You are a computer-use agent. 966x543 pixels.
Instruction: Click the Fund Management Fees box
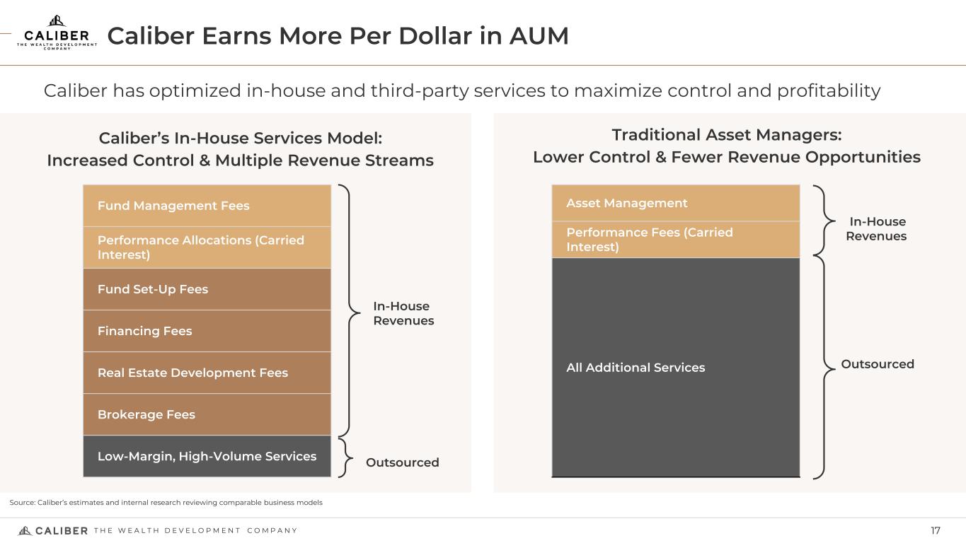pos(207,206)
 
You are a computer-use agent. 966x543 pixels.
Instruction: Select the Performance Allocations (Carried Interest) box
pos(207,247)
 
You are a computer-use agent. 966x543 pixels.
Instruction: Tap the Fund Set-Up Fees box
pos(207,289)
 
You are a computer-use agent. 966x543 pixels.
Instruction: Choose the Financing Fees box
pos(207,331)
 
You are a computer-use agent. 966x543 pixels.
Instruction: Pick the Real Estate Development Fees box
pos(207,373)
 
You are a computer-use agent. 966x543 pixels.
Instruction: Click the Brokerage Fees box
pos(207,414)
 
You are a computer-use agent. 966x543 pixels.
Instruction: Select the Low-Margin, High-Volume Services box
pos(207,456)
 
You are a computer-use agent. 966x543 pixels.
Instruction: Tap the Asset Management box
pos(676,203)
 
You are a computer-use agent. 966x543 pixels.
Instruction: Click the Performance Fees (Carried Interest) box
pos(676,240)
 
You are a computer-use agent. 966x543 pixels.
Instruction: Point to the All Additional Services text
pos(636,368)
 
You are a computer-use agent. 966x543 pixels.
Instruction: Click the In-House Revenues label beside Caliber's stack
pos(403,313)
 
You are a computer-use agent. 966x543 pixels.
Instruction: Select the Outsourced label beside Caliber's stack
pos(403,462)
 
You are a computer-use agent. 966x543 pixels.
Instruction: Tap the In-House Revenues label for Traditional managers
pos(876,229)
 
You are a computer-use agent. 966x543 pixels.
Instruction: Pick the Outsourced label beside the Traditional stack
pos(878,364)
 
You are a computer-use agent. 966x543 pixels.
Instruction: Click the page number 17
pos(936,530)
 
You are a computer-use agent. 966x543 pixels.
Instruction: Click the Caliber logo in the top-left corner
pos(57,33)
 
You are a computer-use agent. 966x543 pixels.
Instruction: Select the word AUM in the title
pos(539,35)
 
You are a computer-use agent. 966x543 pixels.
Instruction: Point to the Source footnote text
pos(166,503)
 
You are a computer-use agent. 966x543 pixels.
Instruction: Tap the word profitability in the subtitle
pos(829,91)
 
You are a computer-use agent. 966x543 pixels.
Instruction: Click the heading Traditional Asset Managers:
pos(727,135)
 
